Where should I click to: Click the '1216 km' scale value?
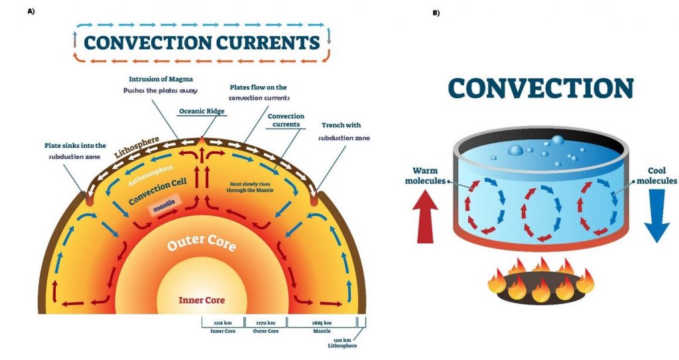(x=222, y=322)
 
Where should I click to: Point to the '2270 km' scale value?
(x=265, y=322)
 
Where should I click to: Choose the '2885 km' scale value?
(x=321, y=322)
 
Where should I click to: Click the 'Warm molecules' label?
(x=424, y=174)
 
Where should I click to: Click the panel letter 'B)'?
(x=436, y=13)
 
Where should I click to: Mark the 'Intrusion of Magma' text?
(x=157, y=79)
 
